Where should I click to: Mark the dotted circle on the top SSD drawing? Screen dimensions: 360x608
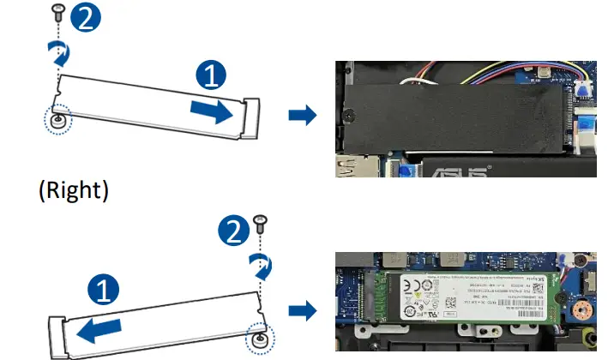(57, 119)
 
